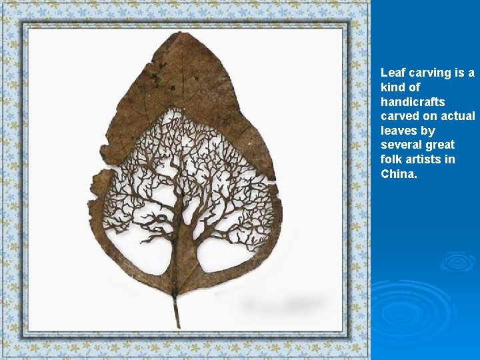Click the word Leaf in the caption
(392, 73)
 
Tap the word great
(441, 145)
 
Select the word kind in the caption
(394, 87)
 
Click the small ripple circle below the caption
(457, 262)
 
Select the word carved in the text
(399, 116)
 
